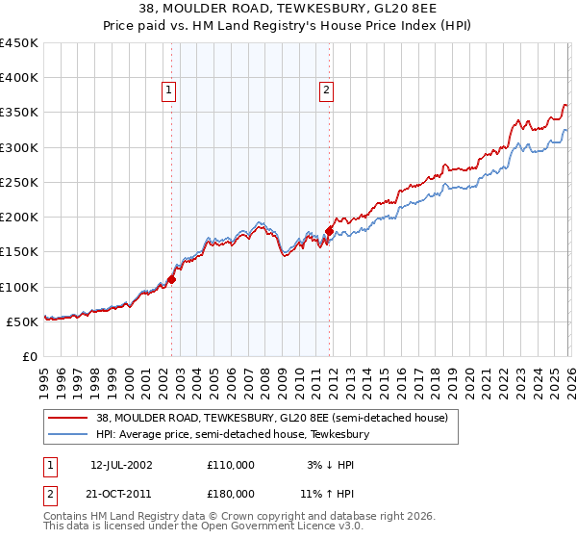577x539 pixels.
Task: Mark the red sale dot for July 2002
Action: pos(172,279)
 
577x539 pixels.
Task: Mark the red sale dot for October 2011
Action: pos(329,231)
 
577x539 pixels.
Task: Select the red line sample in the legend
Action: pos(69,419)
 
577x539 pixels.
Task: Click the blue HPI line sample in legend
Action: pos(69,435)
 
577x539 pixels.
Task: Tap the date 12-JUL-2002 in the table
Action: pos(121,464)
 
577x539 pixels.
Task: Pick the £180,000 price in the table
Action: pos(231,493)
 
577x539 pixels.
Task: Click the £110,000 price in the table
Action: pos(231,464)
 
